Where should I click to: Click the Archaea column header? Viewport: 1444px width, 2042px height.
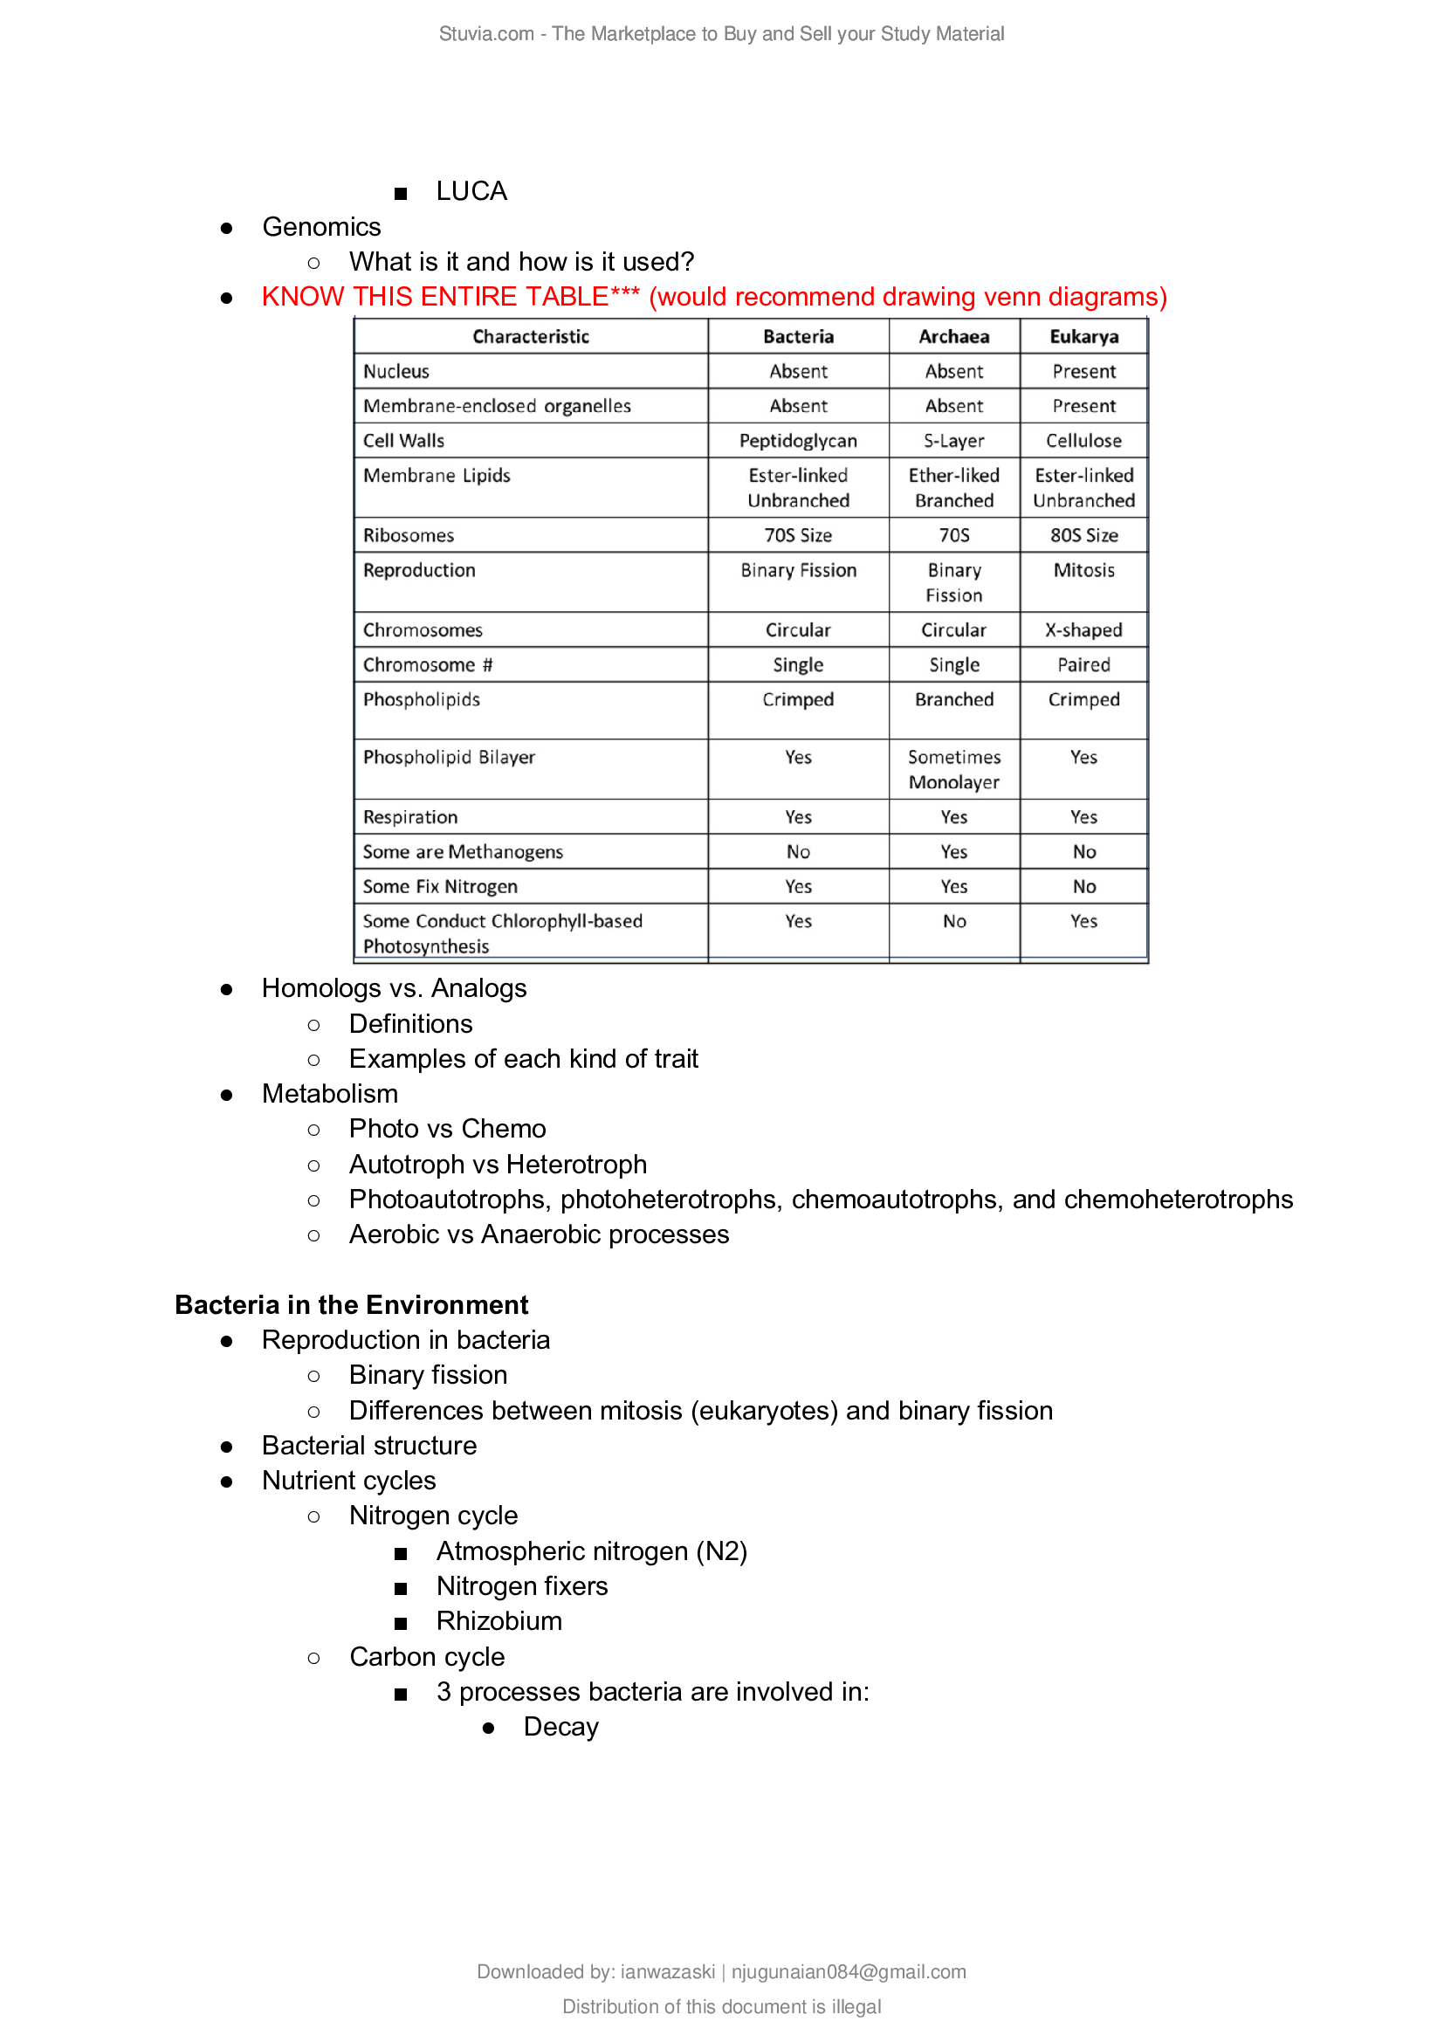(953, 336)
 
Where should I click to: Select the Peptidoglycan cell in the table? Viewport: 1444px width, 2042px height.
(798, 440)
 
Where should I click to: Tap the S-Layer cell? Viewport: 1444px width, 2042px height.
(953, 440)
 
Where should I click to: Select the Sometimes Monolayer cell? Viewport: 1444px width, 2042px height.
(953, 769)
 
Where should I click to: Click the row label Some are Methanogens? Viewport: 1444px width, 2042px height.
(463, 852)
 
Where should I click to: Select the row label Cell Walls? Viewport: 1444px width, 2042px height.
(403, 440)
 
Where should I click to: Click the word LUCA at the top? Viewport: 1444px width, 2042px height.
(471, 191)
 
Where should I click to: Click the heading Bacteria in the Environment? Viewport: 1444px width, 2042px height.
(351, 1304)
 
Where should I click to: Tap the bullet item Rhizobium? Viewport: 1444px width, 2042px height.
(499, 1621)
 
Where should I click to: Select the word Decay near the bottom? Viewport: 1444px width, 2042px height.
(560, 1727)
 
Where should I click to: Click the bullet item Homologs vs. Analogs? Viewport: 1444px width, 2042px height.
(394, 988)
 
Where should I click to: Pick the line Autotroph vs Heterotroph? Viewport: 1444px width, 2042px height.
(498, 1165)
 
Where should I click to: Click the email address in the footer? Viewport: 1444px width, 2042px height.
(849, 1972)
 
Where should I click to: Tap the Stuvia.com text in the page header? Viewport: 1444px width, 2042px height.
(486, 34)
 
